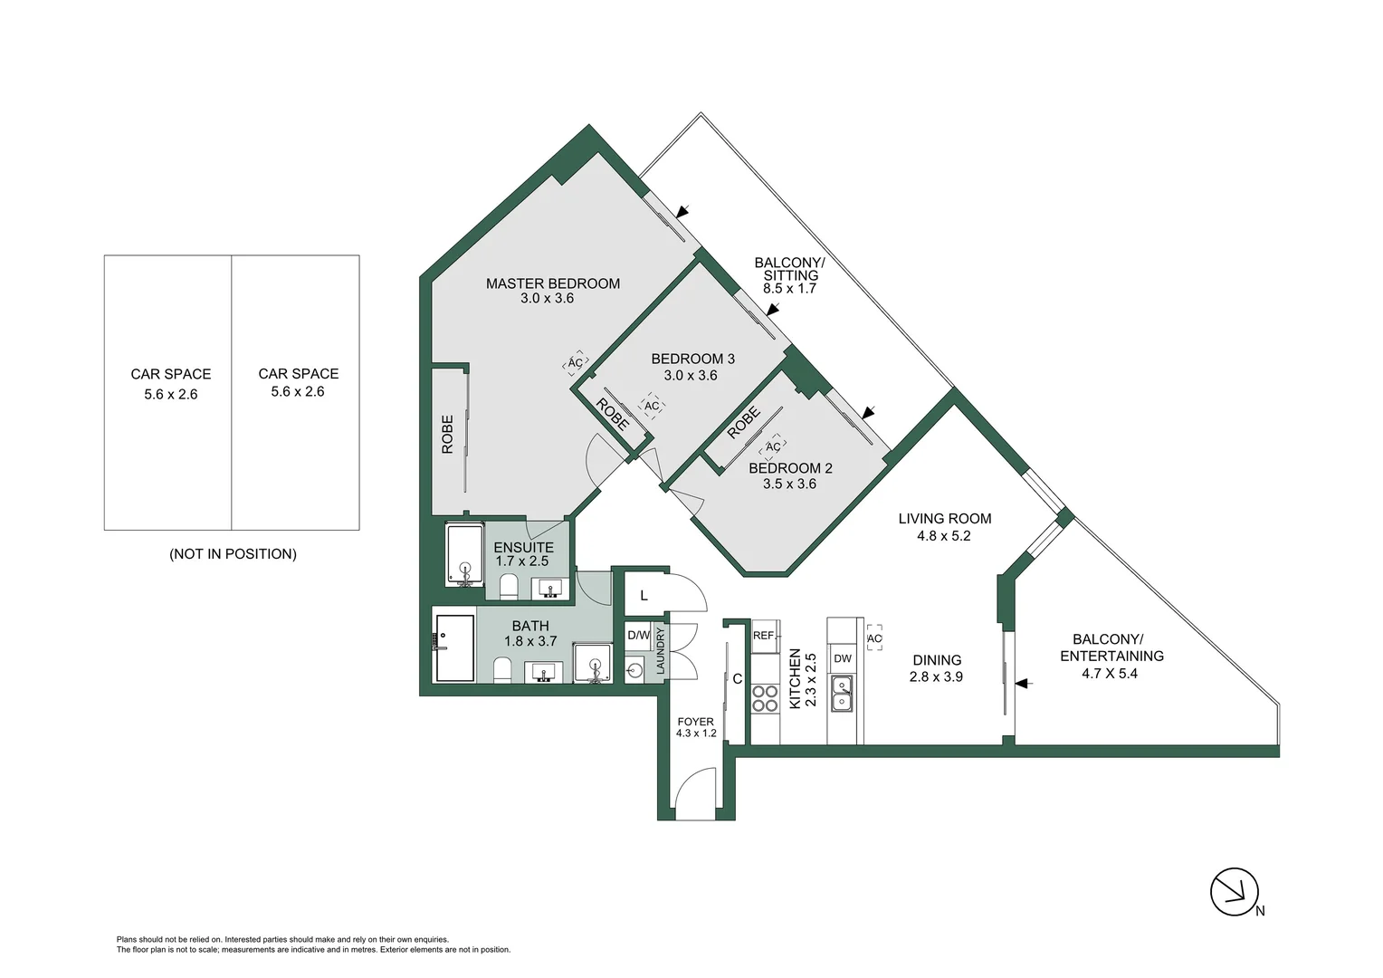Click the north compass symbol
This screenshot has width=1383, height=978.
coord(1235,892)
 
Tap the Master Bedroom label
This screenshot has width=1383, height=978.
coord(552,283)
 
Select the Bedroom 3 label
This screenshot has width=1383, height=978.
coord(692,359)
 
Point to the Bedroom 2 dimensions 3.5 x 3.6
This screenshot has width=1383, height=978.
coord(789,484)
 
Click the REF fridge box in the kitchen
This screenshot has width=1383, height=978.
coord(764,636)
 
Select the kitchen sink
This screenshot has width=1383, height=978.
coord(842,694)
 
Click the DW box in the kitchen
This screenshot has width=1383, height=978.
coord(842,658)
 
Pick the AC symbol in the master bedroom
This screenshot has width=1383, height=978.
coord(575,363)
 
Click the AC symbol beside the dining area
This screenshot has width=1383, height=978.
coord(873,638)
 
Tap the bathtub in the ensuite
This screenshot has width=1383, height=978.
coord(465,554)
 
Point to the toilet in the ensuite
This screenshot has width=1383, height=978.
coord(508,587)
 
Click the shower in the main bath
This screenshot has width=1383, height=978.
coord(454,648)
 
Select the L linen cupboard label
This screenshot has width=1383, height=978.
coord(644,596)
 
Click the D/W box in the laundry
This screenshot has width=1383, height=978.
coord(638,636)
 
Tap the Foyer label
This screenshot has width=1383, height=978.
coord(695,722)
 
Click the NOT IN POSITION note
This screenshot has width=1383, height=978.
coord(233,554)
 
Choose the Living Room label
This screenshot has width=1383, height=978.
coord(944,519)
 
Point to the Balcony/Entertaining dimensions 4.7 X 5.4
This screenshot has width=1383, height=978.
coord(1110,674)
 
